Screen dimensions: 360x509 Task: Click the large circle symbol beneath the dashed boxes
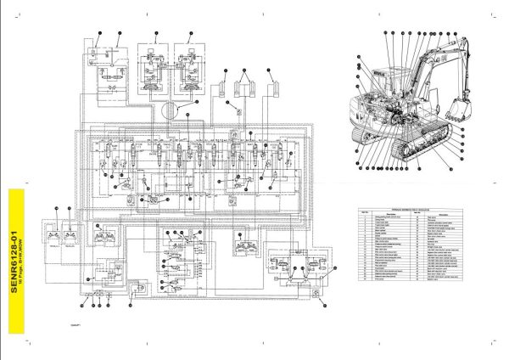(x=170, y=109)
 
